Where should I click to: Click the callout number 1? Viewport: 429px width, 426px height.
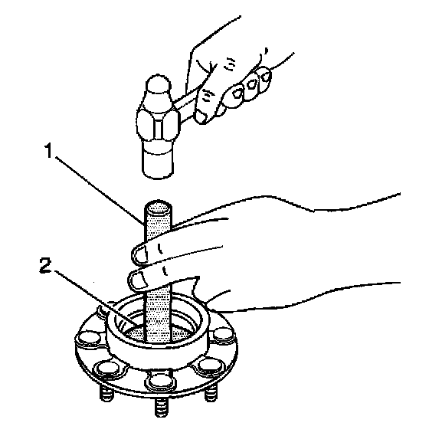49,151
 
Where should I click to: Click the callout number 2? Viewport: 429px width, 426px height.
46,265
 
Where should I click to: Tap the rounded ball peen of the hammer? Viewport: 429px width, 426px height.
158,84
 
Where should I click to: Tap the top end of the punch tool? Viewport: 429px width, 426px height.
158,205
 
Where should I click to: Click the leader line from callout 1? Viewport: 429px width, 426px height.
100,191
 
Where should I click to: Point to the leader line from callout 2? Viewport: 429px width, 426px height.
97,299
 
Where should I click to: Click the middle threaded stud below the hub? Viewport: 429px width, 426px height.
161,408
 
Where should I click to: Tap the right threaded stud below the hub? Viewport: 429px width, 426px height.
211,392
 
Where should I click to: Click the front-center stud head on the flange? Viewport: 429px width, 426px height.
161,381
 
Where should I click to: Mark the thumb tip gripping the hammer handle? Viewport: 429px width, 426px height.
201,117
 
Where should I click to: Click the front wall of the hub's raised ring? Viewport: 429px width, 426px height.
157,356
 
